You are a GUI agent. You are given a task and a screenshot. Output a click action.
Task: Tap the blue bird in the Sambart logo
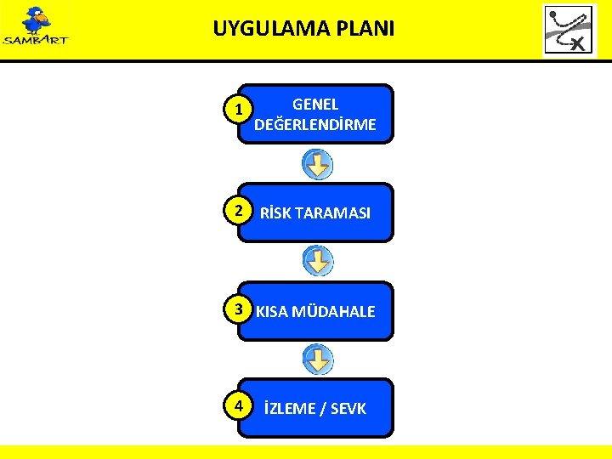(x=36, y=19)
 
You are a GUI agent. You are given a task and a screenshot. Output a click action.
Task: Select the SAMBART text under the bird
(x=36, y=39)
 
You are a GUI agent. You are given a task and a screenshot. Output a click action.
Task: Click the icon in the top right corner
(x=569, y=31)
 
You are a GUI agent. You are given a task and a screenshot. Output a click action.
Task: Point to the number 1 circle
(x=241, y=110)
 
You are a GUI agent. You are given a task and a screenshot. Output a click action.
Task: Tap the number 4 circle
(x=241, y=405)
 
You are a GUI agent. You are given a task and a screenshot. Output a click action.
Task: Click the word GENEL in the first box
(x=315, y=105)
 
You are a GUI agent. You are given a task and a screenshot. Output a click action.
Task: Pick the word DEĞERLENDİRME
(x=315, y=125)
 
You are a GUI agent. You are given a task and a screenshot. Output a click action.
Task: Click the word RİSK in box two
(x=276, y=213)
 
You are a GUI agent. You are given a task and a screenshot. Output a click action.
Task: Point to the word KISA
(x=272, y=312)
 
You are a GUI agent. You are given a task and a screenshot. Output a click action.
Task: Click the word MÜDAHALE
(x=333, y=312)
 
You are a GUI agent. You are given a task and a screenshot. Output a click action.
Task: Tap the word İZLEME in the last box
(x=288, y=409)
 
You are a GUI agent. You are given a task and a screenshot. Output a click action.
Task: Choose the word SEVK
(x=347, y=409)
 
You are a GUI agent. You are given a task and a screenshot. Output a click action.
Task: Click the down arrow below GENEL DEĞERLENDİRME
(x=318, y=164)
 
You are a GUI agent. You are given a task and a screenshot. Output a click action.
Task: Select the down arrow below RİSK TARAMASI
(x=318, y=261)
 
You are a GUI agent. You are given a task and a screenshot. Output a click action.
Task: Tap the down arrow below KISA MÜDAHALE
(x=318, y=359)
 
